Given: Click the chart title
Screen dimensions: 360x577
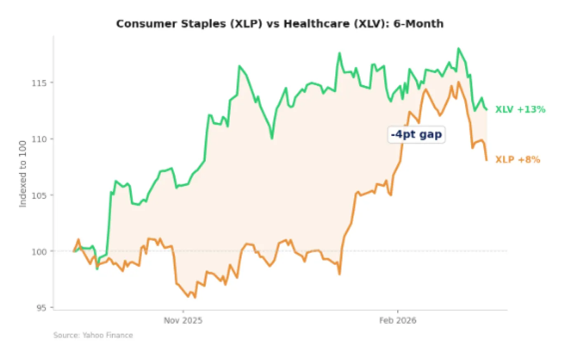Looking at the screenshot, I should pyautogui.click(x=280, y=24).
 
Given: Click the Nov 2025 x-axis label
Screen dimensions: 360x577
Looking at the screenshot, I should pyautogui.click(x=183, y=320).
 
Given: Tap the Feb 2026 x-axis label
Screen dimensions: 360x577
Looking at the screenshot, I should pyautogui.click(x=398, y=320).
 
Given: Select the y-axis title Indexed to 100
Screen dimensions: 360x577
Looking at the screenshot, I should pyautogui.click(x=23, y=174).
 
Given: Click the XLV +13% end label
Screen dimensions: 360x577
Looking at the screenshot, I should pyautogui.click(x=520, y=110).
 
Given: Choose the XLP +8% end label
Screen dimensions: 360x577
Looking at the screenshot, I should pyautogui.click(x=518, y=160).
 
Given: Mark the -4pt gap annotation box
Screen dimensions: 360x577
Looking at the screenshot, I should pyautogui.click(x=416, y=135).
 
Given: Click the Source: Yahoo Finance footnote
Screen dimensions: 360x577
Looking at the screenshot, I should pyautogui.click(x=93, y=335).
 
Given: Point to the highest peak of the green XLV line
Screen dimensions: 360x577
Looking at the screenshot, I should pyautogui.click(x=458, y=49).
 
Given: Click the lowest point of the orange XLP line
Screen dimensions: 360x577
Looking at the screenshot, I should pyautogui.click(x=195, y=297).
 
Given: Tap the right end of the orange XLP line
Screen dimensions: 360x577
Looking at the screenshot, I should pyautogui.click(x=487, y=160).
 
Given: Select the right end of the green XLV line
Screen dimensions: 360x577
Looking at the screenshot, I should pyautogui.click(x=487, y=110).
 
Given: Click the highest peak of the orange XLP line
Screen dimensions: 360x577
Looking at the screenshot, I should pyautogui.click(x=458, y=82).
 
